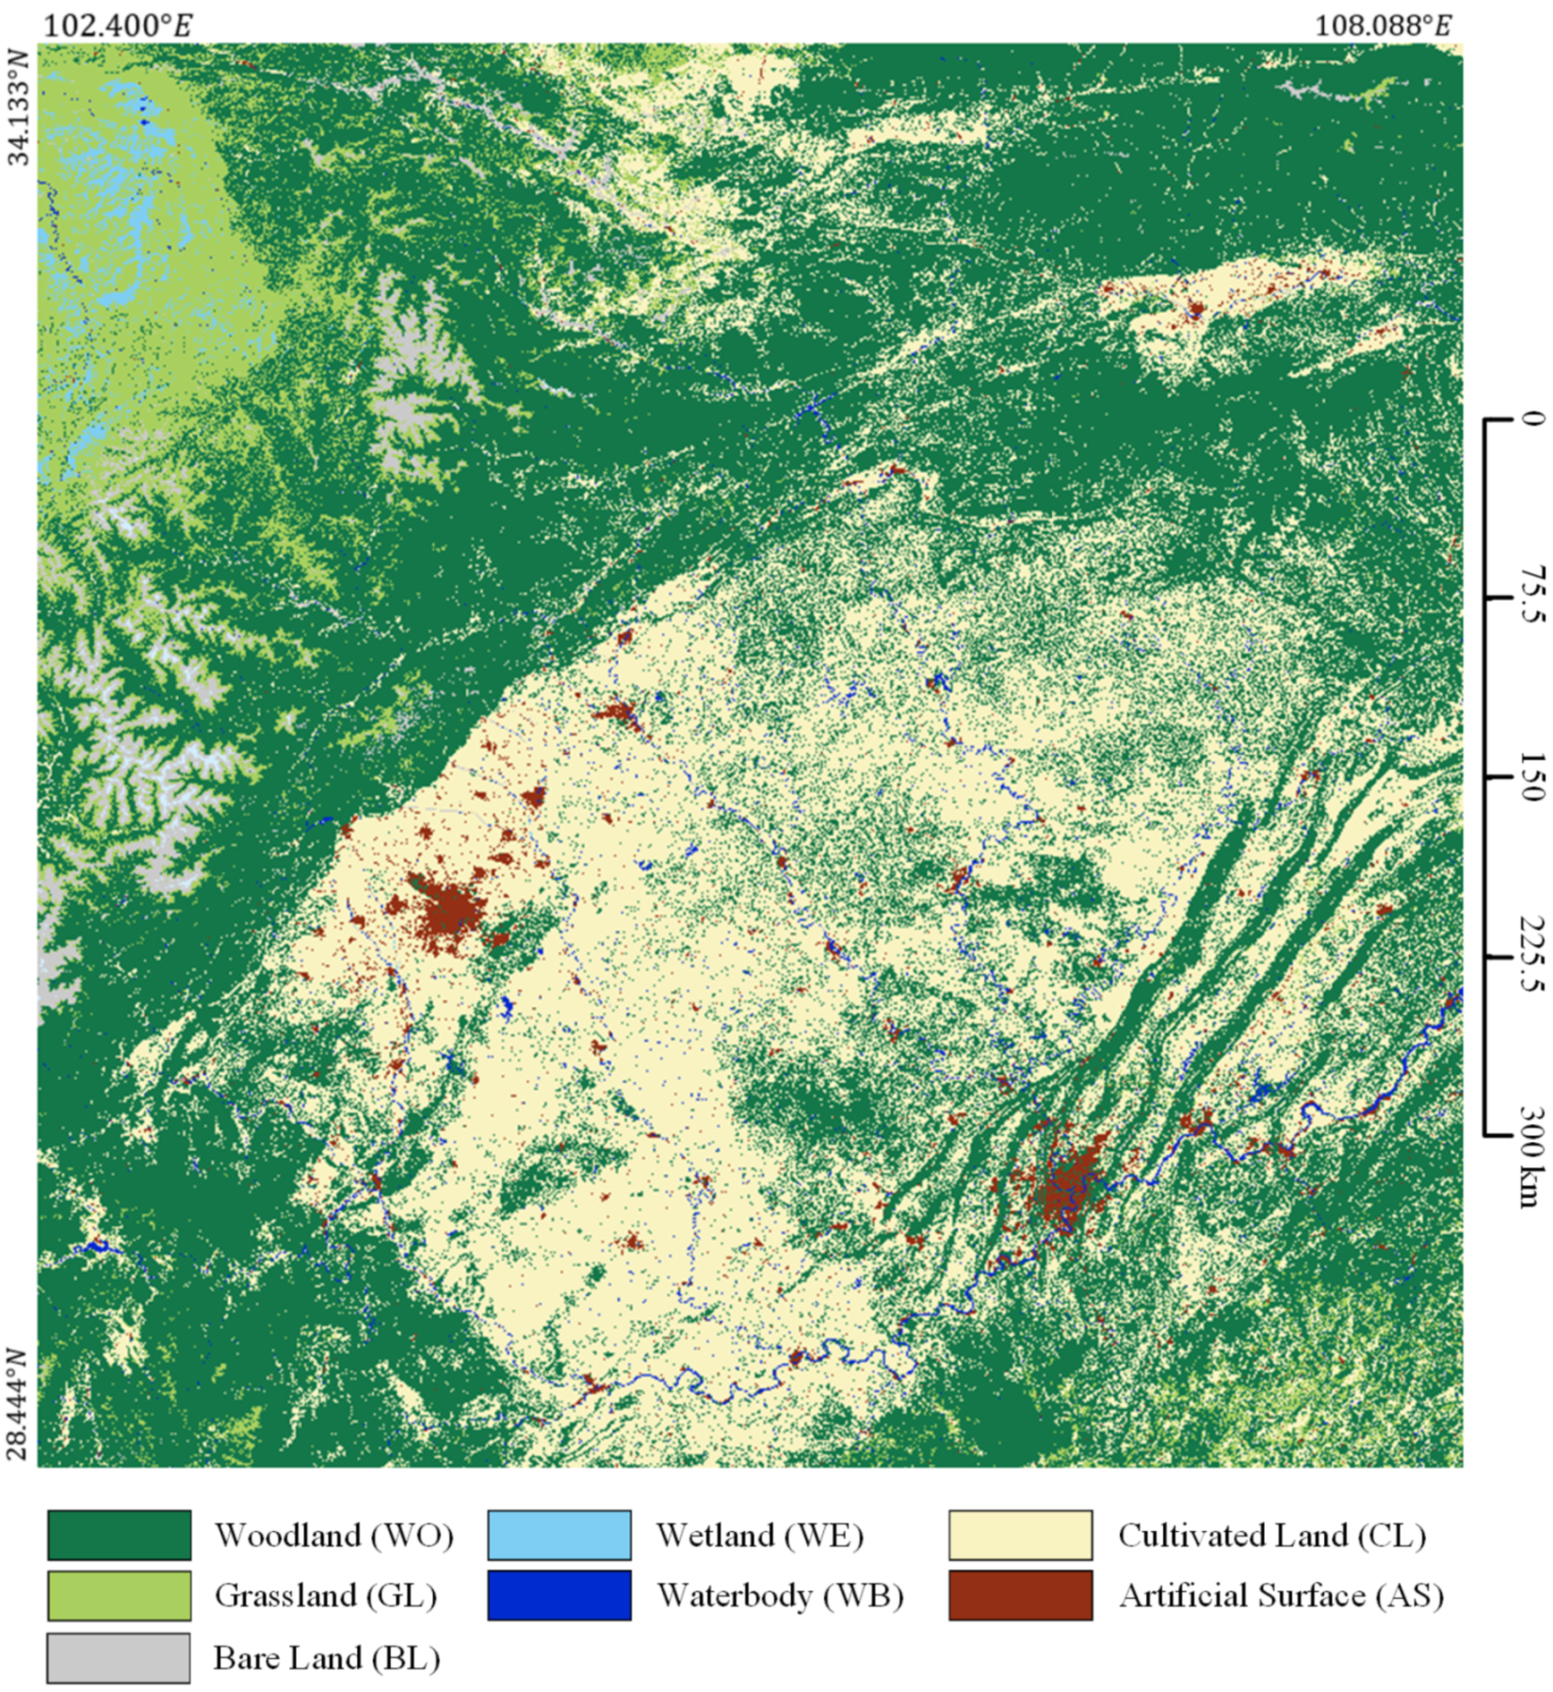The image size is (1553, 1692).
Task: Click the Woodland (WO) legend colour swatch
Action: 119,1535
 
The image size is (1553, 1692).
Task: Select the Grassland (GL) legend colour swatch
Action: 119,1595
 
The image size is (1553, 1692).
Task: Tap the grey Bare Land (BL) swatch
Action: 119,1657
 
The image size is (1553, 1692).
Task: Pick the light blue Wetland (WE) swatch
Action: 559,1535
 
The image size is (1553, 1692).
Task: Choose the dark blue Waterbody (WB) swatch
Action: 559,1595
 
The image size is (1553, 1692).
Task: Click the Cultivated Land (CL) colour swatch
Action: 1020,1535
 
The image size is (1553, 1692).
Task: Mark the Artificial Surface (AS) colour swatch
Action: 1020,1595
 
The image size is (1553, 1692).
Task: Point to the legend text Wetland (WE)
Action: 760,1535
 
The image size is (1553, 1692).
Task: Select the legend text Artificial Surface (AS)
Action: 1281,1595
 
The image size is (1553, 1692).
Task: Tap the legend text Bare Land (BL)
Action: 327,1657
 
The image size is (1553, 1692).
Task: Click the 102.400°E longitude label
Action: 118,25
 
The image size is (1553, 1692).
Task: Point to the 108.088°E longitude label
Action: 1383,25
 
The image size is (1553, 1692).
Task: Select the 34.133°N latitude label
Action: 19,108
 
